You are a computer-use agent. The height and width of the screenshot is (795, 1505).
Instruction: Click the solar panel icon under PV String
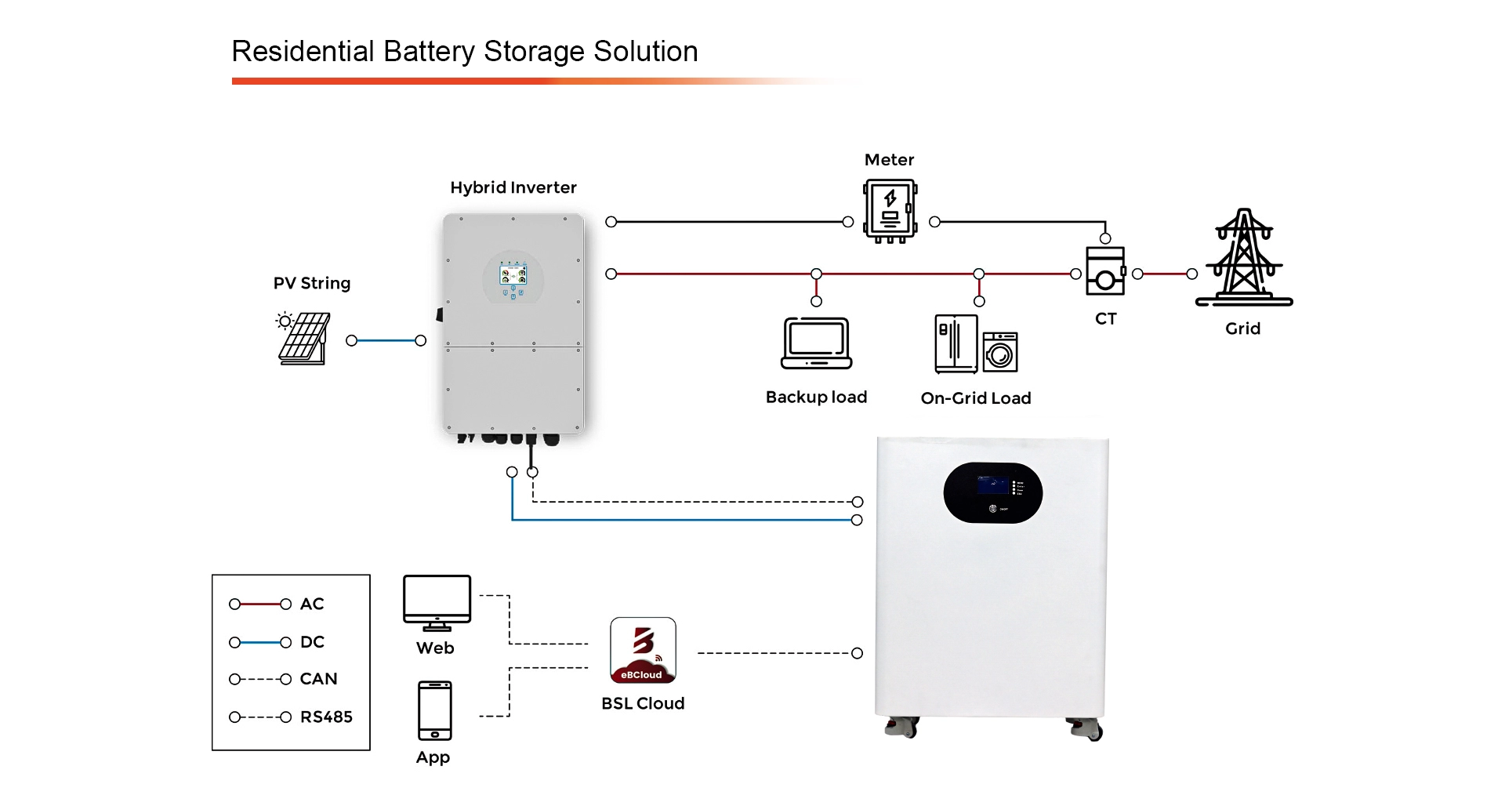[x=304, y=338]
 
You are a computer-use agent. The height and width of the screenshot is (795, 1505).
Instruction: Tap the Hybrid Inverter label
[x=513, y=188]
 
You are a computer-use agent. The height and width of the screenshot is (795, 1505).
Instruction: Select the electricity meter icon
[x=890, y=210]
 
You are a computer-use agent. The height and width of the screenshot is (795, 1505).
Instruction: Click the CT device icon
[x=1105, y=271]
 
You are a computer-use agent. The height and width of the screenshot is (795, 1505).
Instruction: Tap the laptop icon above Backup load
[x=816, y=343]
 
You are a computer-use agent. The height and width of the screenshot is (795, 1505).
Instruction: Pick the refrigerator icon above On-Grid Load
[x=956, y=343]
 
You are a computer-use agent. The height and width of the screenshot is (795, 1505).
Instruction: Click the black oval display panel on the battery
[x=992, y=492]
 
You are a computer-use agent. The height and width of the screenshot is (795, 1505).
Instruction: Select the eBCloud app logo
[x=643, y=650]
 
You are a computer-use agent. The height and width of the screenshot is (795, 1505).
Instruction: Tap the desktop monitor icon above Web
[x=437, y=601]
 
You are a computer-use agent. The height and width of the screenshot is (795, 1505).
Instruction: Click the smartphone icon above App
[x=434, y=710]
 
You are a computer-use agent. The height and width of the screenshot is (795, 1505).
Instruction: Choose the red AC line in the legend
[x=259, y=604]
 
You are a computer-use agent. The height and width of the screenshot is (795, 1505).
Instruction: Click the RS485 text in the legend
[x=326, y=717]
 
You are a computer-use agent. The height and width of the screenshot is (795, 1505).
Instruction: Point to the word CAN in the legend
[x=318, y=679]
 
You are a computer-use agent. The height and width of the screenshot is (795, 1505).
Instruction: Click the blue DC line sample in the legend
[x=259, y=643]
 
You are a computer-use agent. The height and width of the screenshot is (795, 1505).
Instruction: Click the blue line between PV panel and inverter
[x=386, y=340]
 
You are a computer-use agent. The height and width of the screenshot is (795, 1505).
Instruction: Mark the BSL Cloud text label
[x=643, y=704]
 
